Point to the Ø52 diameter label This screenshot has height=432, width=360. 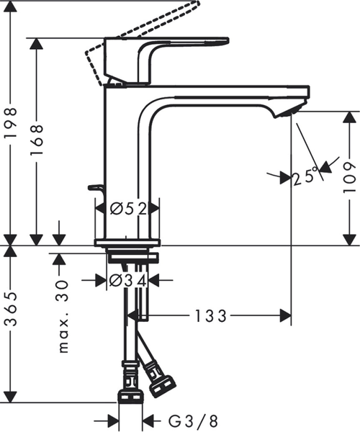(x=129, y=209)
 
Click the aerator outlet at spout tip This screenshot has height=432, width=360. (x=288, y=109)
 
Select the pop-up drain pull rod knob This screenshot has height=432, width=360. (x=95, y=188)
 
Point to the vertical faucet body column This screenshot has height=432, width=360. (x=122, y=158)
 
